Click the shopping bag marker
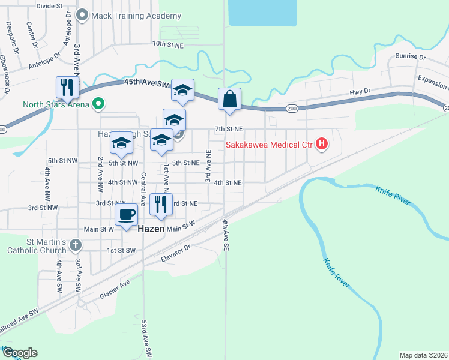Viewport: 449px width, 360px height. tap(230, 99)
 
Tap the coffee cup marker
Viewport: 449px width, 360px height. tap(126, 215)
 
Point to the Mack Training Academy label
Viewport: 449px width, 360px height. tap(136, 16)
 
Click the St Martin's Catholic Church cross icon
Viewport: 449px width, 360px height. tap(74, 244)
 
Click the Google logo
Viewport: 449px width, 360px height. tap(19, 353)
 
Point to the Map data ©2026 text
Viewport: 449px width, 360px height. tap(423, 355)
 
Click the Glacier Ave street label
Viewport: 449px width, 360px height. tap(115, 289)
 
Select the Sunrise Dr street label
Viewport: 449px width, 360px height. tap(410, 57)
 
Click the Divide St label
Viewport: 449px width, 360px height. tap(49, 5)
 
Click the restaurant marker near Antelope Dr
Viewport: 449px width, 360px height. tap(67, 87)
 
